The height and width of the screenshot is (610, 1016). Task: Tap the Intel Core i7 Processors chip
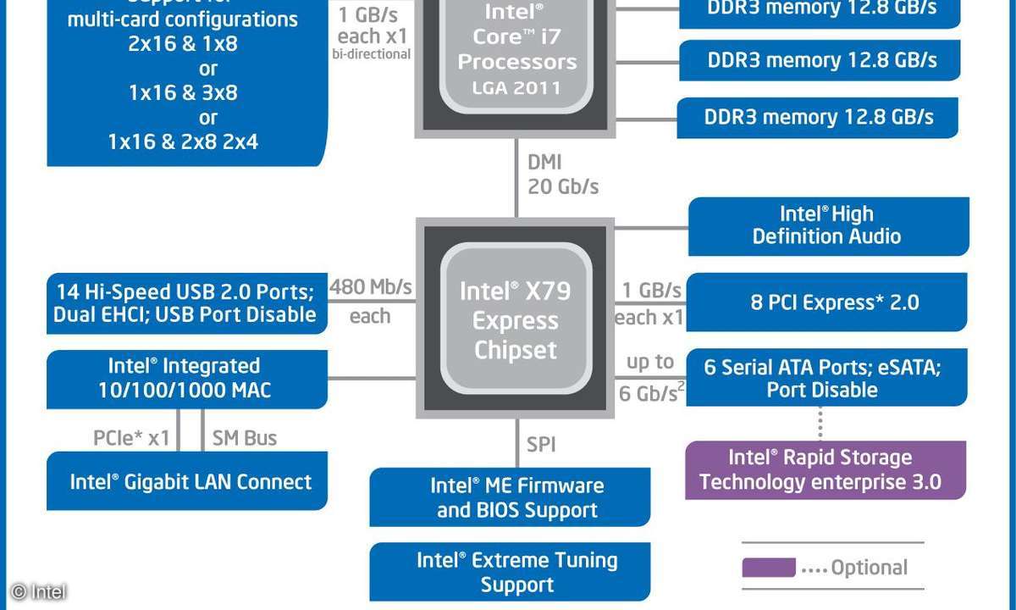point(515,51)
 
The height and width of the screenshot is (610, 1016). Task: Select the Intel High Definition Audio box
point(827,225)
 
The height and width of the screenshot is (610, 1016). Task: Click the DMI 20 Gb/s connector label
point(562,174)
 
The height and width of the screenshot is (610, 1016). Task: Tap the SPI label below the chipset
point(542,444)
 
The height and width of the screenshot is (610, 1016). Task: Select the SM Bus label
point(244,438)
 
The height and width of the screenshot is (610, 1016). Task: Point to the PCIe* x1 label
point(131,438)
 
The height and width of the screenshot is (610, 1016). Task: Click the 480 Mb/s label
point(370,287)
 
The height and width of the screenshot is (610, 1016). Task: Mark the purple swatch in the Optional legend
point(768,568)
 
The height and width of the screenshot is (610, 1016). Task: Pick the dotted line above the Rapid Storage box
point(820,423)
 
